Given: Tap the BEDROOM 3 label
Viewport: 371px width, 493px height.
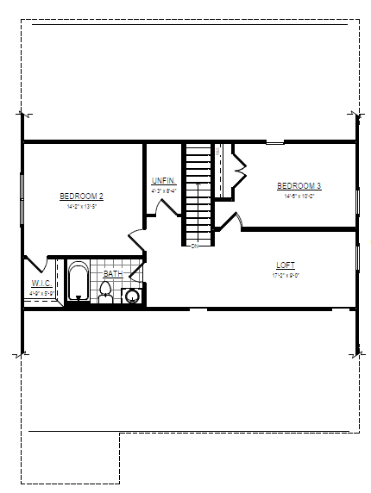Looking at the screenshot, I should click(299, 186).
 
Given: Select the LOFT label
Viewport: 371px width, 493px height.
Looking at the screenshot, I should click(286, 265).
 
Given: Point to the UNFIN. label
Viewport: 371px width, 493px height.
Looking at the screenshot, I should click(163, 180).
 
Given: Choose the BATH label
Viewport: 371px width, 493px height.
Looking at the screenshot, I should click(112, 274).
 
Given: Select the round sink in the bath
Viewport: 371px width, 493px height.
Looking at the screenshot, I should click(132, 296).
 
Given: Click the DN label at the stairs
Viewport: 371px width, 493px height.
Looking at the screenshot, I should click(195, 246).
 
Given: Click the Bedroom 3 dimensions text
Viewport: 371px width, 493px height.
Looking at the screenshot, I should click(299, 196).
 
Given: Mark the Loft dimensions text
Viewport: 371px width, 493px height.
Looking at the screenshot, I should click(286, 275).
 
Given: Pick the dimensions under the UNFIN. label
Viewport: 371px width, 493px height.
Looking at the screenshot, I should click(163, 190).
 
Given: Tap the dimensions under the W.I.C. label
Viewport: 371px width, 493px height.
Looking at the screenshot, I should click(42, 293).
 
